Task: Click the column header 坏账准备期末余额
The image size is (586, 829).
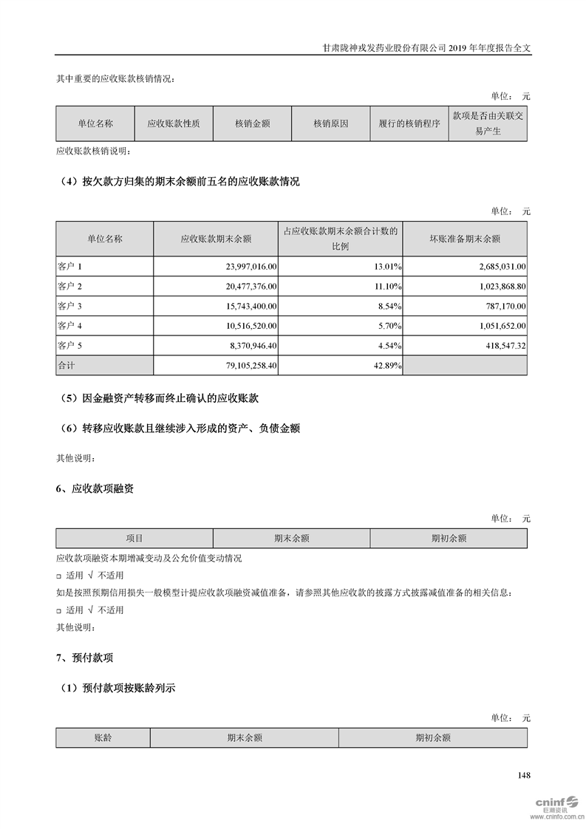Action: [465, 239]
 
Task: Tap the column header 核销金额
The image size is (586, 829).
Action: [252, 123]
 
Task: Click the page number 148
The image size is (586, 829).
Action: [525, 775]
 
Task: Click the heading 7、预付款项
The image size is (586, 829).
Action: [85, 657]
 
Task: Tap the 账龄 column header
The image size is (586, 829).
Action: [103, 737]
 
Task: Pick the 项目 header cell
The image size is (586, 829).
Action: [134, 539]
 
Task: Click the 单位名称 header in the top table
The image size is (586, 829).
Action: [95, 123]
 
